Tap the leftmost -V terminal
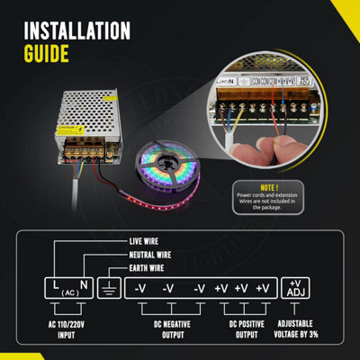coord(140,289)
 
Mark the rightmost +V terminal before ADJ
coord(262,289)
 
